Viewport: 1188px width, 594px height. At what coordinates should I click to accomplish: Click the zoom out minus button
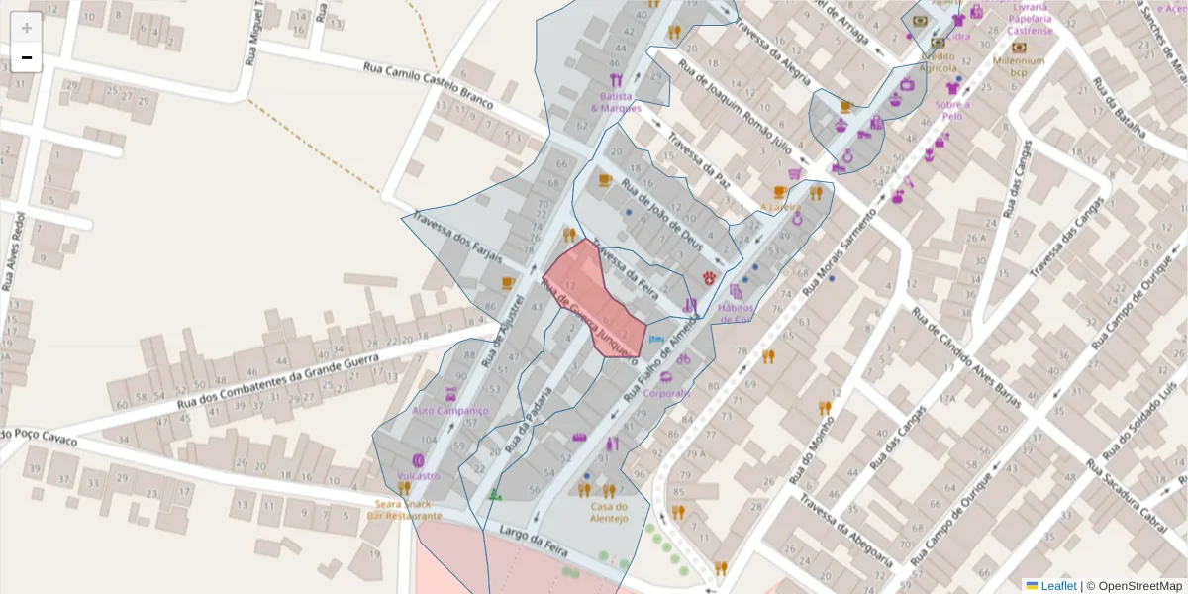coord(27,58)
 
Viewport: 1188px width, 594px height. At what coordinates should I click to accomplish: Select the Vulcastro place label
coord(417,476)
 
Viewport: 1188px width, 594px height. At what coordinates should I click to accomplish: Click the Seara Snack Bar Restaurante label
coord(404,510)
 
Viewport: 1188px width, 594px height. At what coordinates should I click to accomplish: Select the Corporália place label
coord(666,393)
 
